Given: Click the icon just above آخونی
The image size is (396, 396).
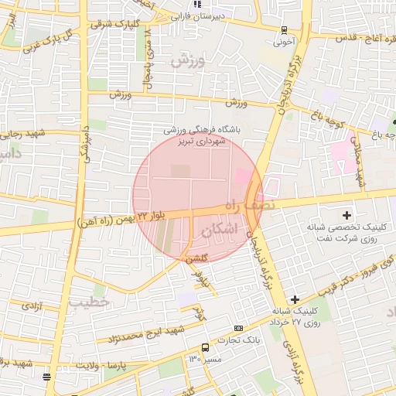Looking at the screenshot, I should coord(284,30).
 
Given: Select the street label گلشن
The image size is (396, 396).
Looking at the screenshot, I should coord(196,260).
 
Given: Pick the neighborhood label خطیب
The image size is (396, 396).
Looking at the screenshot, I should coord(88,302).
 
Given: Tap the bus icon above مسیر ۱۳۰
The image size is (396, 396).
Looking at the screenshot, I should coord(204,348).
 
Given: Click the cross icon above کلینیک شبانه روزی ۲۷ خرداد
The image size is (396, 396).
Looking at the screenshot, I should coord(294,299).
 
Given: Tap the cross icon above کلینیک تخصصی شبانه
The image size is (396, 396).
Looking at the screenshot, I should coord(346,214).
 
